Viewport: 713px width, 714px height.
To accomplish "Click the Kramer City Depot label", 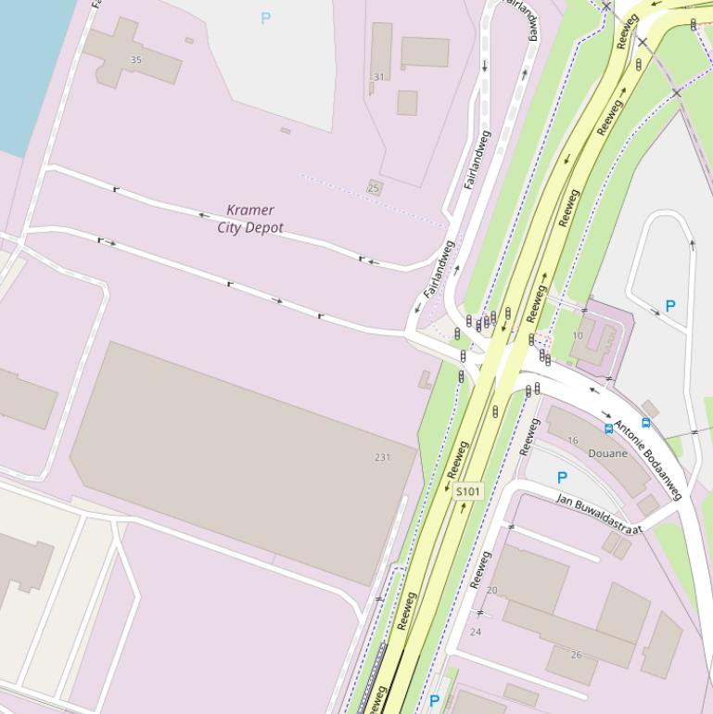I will [x=250, y=219].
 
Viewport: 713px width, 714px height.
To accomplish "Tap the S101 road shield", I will [x=469, y=491].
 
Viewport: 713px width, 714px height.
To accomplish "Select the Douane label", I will [x=607, y=453].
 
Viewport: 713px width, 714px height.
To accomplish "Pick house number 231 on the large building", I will [x=382, y=457].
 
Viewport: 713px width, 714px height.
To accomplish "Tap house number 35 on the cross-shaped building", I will [x=136, y=59].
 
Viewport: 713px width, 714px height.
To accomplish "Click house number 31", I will [x=378, y=77].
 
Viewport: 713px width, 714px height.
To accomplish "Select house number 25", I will [x=374, y=188].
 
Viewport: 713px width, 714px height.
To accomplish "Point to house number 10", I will [x=578, y=336].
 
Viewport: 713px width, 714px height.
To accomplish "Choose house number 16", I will [x=572, y=440].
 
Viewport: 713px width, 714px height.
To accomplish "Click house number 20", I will [x=491, y=590].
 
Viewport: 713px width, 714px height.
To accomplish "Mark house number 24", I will [x=476, y=631].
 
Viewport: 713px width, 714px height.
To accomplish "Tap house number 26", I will [x=576, y=655].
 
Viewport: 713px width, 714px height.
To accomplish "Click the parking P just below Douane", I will [x=561, y=478].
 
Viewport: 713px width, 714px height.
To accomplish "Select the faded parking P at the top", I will [x=266, y=18].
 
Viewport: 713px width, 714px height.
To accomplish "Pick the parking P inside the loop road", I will [x=670, y=305].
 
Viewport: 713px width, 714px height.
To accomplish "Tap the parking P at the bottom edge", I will [x=434, y=701].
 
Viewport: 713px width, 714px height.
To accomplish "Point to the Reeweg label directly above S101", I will [x=457, y=459].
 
